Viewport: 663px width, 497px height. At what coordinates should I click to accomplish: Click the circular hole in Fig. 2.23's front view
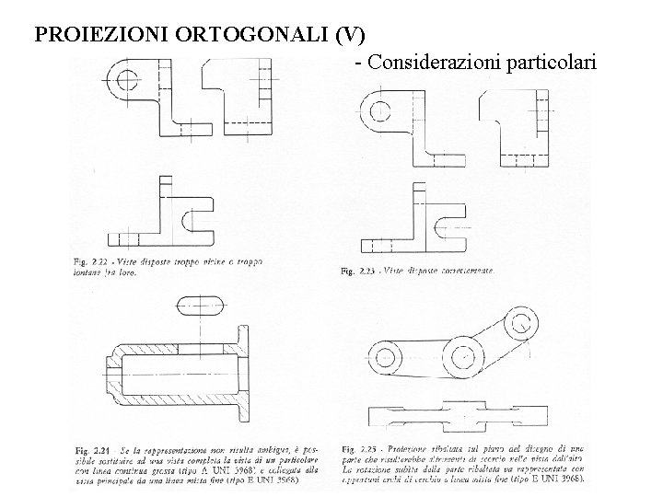pyautogui.click(x=378, y=113)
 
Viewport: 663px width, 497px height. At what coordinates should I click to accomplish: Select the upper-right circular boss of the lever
pyautogui.click(x=523, y=323)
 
